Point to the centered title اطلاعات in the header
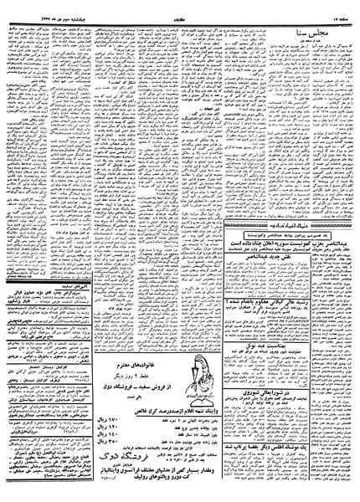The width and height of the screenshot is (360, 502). tap(179, 10)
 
